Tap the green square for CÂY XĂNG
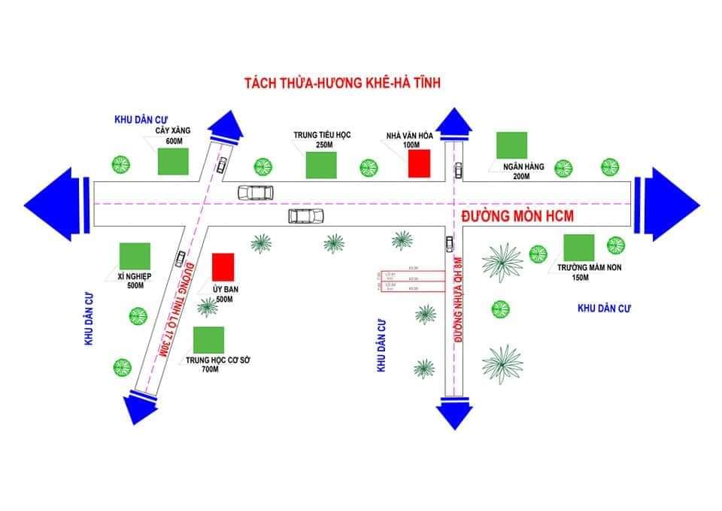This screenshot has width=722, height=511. pyautogui.click(x=173, y=161)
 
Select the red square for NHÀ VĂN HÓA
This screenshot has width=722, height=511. pyautogui.click(x=419, y=163)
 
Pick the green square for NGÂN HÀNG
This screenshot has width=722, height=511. pyautogui.click(x=511, y=146)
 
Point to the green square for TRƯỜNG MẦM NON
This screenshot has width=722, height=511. pyautogui.click(x=579, y=248)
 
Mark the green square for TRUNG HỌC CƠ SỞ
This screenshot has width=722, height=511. pyautogui.click(x=208, y=340)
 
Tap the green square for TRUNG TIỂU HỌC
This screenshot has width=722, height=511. pyautogui.click(x=320, y=165)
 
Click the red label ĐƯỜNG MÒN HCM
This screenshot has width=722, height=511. pyautogui.click(x=517, y=217)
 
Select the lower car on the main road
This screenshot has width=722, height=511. pyautogui.click(x=305, y=216)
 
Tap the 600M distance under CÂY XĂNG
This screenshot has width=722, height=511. pyautogui.click(x=174, y=141)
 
